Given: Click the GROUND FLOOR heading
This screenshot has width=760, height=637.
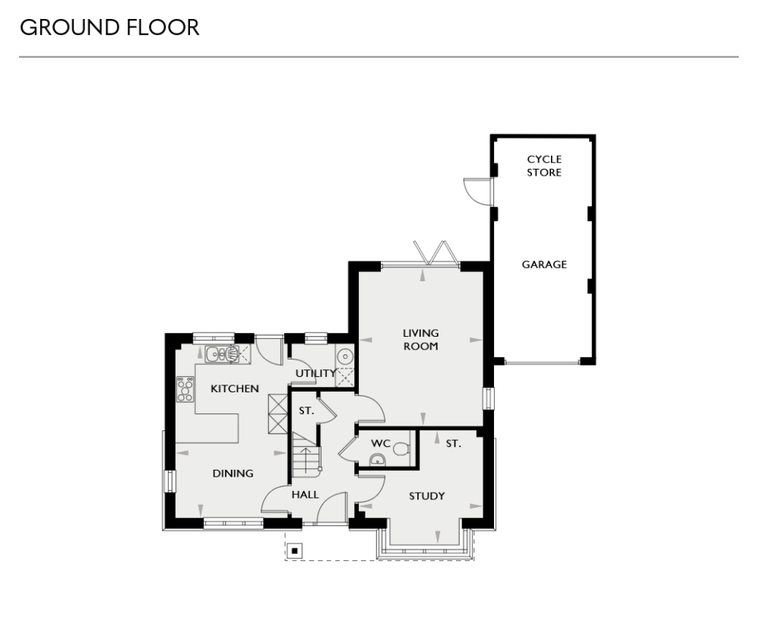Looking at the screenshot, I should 109,28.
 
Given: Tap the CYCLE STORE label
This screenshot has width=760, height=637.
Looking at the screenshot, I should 544,166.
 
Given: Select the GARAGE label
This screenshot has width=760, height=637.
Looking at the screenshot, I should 544,265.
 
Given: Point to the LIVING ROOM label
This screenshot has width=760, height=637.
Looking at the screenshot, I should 420,339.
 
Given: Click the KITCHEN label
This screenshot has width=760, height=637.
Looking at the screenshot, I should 235,388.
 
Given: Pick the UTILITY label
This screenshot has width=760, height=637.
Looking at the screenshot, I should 315,373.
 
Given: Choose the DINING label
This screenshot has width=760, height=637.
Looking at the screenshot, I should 233,473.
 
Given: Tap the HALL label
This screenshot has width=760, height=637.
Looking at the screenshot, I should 305,494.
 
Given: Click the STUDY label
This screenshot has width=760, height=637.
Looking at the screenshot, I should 426,496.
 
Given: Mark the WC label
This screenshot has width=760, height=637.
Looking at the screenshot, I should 380,442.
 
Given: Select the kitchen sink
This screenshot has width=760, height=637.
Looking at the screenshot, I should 222,353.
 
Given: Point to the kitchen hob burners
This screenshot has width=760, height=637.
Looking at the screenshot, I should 185,389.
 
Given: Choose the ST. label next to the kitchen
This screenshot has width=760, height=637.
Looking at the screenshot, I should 306,410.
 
